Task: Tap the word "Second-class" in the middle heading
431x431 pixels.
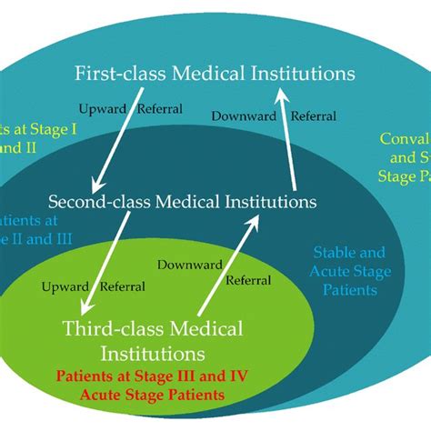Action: click(94, 200)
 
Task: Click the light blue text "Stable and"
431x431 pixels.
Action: click(349, 252)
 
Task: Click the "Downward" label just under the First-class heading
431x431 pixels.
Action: click(239, 116)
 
